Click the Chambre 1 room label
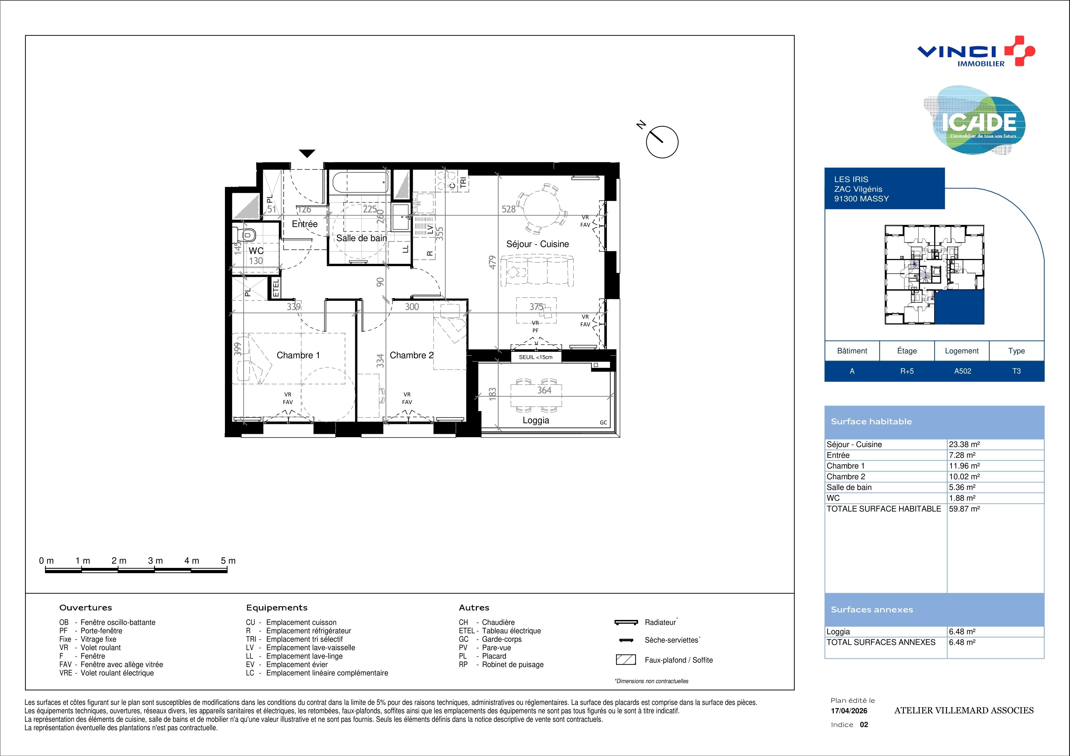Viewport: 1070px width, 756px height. point(298,355)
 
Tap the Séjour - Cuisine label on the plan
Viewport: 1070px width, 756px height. point(537,244)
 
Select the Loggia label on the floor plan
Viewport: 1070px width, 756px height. point(536,420)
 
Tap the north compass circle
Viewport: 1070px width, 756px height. point(662,142)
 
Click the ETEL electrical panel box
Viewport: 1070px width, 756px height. point(276,287)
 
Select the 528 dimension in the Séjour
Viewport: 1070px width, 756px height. point(508,210)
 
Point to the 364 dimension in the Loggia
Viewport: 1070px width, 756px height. point(544,390)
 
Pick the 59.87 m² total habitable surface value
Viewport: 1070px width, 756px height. point(964,509)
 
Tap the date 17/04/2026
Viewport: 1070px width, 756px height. point(849,711)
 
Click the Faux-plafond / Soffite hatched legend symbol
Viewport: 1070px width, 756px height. point(626,660)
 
